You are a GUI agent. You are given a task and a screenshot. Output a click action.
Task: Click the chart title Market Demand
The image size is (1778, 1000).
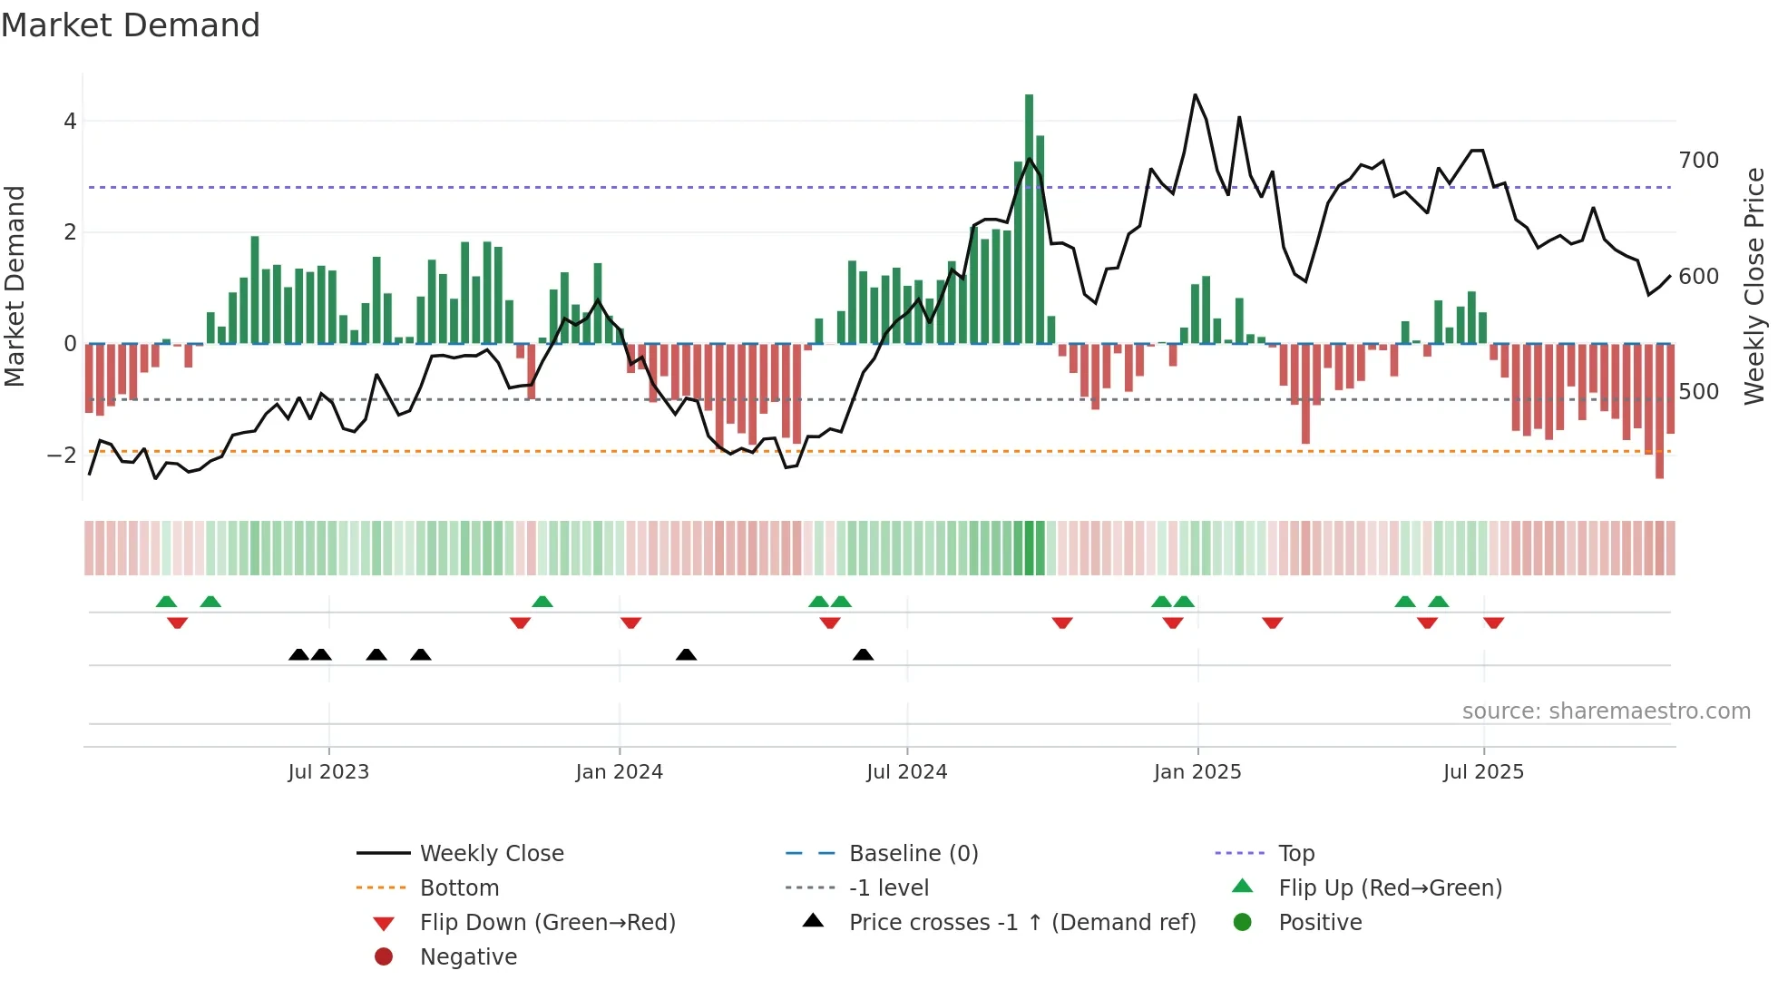pyautogui.click(x=131, y=25)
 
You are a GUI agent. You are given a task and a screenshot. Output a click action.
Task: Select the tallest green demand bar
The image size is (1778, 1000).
pyautogui.click(x=1029, y=218)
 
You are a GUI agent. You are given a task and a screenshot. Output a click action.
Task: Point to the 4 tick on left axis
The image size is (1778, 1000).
pyautogui.click(x=70, y=122)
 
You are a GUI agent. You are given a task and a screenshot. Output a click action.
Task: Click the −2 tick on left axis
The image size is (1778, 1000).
pyautogui.click(x=63, y=456)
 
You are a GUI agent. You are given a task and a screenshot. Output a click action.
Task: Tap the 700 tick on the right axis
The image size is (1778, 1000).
pyautogui.click(x=1698, y=161)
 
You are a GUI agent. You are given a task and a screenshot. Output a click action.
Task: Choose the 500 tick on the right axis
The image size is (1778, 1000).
pyautogui.click(x=1698, y=392)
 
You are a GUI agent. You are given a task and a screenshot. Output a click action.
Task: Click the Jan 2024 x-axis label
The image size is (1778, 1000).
pyautogui.click(x=619, y=772)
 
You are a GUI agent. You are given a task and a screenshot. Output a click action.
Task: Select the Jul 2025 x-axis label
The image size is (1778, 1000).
pyautogui.click(x=1483, y=772)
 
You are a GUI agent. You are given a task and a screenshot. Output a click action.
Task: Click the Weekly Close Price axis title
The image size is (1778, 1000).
pyautogui.click(x=1754, y=286)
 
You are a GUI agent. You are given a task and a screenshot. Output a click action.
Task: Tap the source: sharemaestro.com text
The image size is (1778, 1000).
pyautogui.click(x=1606, y=711)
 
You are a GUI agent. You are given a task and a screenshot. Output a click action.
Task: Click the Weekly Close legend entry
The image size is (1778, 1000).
pyautogui.click(x=491, y=854)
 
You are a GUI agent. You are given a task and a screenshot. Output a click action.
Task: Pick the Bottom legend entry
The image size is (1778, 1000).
pyautogui.click(x=459, y=888)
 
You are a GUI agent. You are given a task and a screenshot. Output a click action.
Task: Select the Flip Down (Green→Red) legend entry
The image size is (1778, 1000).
pyautogui.click(x=547, y=923)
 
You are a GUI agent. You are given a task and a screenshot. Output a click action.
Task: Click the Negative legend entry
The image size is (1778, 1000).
pyautogui.click(x=468, y=957)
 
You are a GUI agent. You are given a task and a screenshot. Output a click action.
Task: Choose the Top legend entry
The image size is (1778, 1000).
pyautogui.click(x=1295, y=854)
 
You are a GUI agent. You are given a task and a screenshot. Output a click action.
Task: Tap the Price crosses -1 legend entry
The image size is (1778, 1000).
pyautogui.click(x=1021, y=923)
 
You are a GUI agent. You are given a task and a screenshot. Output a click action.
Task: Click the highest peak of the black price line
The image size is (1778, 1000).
pyautogui.click(x=1195, y=95)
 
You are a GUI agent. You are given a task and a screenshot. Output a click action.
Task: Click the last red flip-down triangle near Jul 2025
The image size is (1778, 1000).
pyautogui.click(x=1493, y=623)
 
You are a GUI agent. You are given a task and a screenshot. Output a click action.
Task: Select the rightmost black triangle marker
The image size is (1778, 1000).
pyautogui.click(x=863, y=654)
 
